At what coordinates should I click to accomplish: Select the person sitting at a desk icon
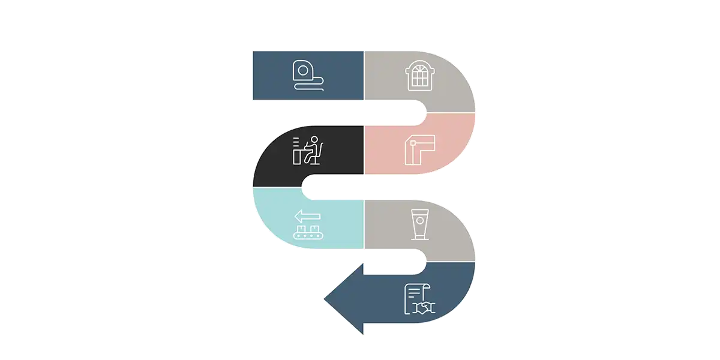tap(308, 150)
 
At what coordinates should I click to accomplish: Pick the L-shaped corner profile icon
tap(419, 149)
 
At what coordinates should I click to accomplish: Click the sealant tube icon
tap(419, 224)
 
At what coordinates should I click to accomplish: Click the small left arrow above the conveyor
tap(307, 216)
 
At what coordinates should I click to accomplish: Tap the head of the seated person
tap(313, 140)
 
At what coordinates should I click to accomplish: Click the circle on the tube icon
tap(419, 220)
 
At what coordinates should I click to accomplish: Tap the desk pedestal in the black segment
tap(297, 157)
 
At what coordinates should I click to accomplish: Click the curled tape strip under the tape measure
tap(310, 88)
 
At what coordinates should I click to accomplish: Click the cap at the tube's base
tap(419, 237)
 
